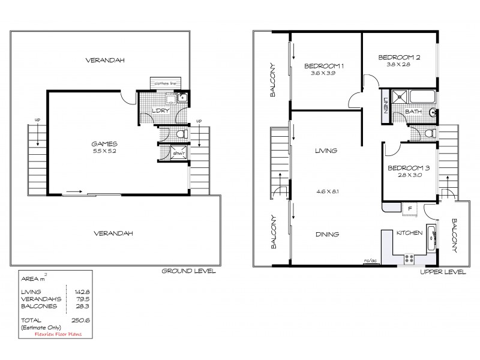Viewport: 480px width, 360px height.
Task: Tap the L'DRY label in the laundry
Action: (x=159, y=112)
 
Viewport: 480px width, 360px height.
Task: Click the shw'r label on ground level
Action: (x=178, y=154)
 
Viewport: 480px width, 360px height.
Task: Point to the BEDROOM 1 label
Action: (x=323, y=66)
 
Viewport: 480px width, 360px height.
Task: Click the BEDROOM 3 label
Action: (x=408, y=168)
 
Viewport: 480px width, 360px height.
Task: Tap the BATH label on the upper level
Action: (x=412, y=112)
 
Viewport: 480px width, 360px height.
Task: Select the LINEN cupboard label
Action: (x=385, y=107)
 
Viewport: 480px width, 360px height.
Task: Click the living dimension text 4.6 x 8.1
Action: (x=326, y=192)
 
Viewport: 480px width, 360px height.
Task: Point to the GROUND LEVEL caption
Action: (x=188, y=271)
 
